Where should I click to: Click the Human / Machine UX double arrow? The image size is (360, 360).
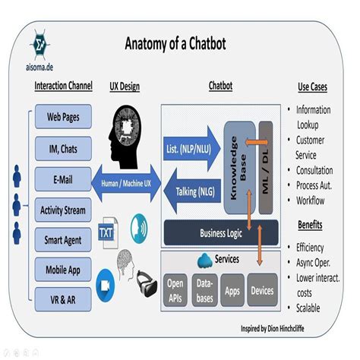point(126,182)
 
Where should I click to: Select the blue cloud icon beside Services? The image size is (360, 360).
point(204,260)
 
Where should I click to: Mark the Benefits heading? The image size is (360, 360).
point(314,226)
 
